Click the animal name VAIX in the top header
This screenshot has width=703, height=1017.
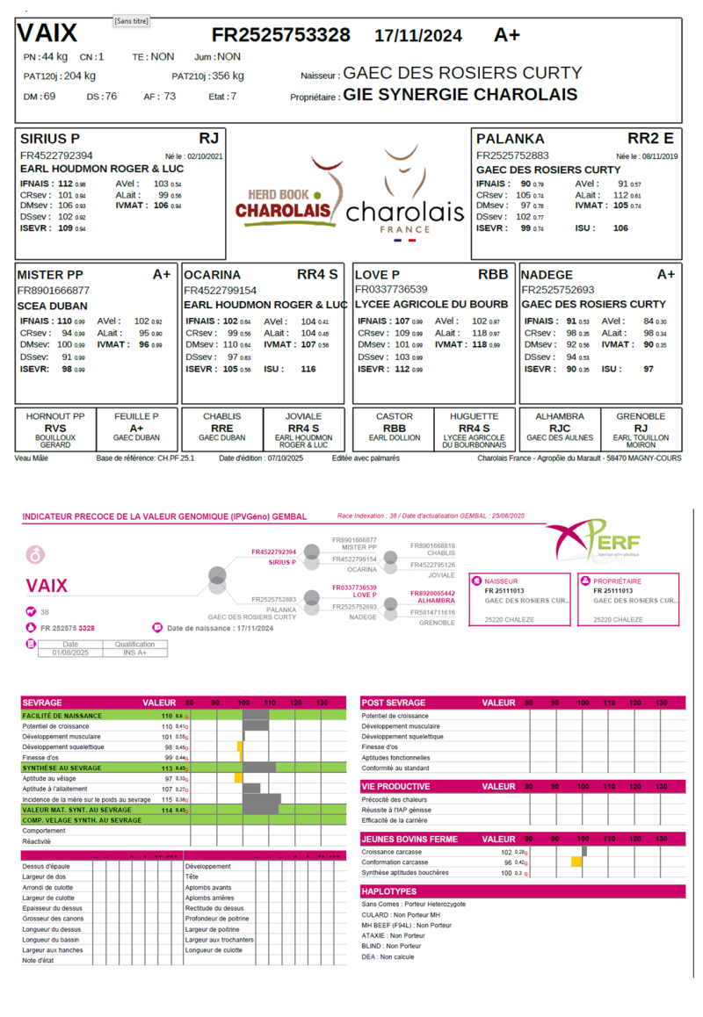(47, 34)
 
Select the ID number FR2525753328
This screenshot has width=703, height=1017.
(281, 35)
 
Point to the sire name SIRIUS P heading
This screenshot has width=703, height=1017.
(50, 139)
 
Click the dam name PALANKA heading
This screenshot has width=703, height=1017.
(511, 139)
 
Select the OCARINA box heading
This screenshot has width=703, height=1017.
(212, 275)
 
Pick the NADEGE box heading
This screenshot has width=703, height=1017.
(547, 275)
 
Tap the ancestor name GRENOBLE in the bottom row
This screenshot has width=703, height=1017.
(641, 416)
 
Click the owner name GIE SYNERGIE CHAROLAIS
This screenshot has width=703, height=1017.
(460, 95)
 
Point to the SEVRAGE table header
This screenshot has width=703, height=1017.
(42, 703)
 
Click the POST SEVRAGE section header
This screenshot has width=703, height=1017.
(394, 703)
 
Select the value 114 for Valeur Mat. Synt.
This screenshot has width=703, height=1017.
(166, 810)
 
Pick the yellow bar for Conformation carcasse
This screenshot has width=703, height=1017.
(576, 862)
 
